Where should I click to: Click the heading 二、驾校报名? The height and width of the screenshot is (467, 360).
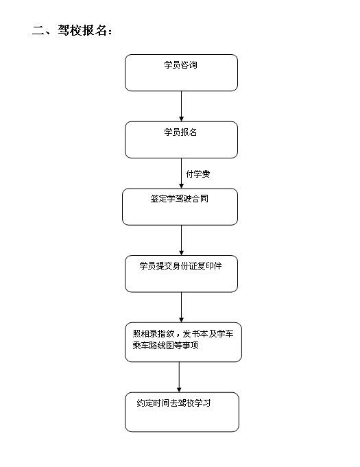point(72,30)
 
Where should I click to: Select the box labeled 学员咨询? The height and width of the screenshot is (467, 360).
point(181,73)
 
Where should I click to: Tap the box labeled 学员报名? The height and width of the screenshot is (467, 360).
point(181,140)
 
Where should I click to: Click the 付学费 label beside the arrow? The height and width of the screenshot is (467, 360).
point(197,174)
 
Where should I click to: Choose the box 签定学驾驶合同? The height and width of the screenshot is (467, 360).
point(180,206)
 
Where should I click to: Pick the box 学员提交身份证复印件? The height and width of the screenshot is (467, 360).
point(181,274)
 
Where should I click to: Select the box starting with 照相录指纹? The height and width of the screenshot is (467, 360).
point(183,342)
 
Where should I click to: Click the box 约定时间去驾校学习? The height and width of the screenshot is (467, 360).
point(182,412)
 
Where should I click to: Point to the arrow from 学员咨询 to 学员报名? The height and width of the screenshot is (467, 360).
point(181,106)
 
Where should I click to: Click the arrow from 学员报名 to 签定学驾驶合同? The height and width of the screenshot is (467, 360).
point(181,173)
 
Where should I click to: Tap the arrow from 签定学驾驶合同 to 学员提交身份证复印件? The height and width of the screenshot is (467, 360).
point(181,240)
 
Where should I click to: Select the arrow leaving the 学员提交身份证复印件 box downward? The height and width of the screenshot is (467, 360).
point(181,307)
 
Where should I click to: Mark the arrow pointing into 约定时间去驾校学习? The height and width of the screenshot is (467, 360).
point(179,377)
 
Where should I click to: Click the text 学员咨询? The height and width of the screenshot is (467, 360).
point(181,65)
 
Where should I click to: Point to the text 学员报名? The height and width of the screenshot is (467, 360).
point(181,132)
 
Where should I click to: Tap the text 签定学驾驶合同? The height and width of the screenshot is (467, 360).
point(179,199)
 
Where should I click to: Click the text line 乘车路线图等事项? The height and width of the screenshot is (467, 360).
point(165,345)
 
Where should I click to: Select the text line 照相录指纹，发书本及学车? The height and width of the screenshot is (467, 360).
point(183,333)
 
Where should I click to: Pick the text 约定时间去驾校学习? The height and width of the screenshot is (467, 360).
point(174,403)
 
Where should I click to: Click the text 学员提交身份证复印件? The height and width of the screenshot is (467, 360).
point(181,265)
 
